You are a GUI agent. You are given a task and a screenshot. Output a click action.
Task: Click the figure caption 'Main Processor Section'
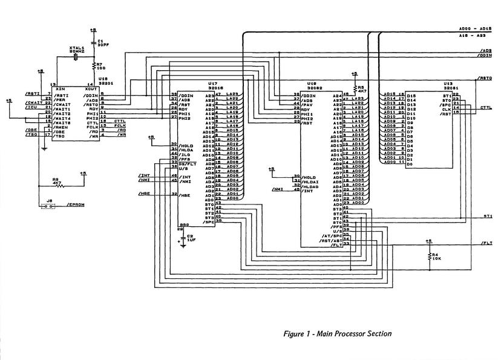(337, 333)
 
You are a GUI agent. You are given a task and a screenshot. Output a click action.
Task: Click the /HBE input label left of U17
(144, 194)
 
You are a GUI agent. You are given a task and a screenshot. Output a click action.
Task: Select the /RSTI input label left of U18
(32, 94)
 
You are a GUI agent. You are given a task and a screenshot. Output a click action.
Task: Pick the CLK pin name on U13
(446, 109)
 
